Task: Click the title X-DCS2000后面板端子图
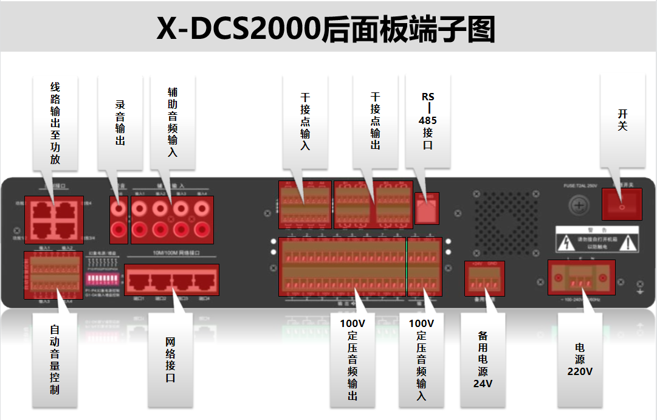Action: tap(326, 27)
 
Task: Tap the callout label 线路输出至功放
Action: tap(55, 124)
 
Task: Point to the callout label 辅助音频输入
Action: tap(173, 122)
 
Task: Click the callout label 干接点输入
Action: tap(305, 122)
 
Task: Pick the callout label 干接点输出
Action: tap(376, 122)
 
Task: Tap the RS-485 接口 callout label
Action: tap(428, 121)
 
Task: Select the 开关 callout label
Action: tap(622, 120)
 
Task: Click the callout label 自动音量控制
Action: tap(55, 359)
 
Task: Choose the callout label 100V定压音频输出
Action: tap(353, 359)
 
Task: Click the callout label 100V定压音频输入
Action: tap(421, 359)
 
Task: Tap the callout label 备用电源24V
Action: tap(483, 359)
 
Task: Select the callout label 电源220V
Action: tap(580, 359)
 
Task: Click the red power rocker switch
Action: tap(622, 204)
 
